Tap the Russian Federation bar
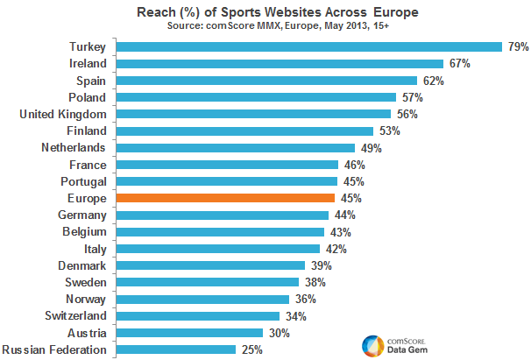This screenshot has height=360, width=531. pos(175,349)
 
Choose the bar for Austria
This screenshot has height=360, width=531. pos(189,333)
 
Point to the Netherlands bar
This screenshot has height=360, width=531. pos(235,148)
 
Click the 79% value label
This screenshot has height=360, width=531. pos(517,46)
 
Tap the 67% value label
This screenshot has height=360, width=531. pos(459,63)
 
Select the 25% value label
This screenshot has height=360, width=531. pos(251,349)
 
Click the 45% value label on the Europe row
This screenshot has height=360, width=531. pos(350,198)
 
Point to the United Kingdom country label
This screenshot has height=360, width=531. pos(63,114)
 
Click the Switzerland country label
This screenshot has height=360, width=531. pos(75,315)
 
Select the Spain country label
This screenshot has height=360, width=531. pos(91,80)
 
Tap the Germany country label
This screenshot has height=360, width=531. pos(82,215)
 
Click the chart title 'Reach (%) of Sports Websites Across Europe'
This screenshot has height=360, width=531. pos(265,12)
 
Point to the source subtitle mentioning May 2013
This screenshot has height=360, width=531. pos(265,26)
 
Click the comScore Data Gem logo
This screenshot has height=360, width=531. pos(391,343)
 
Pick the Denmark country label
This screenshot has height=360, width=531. pos(82,265)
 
